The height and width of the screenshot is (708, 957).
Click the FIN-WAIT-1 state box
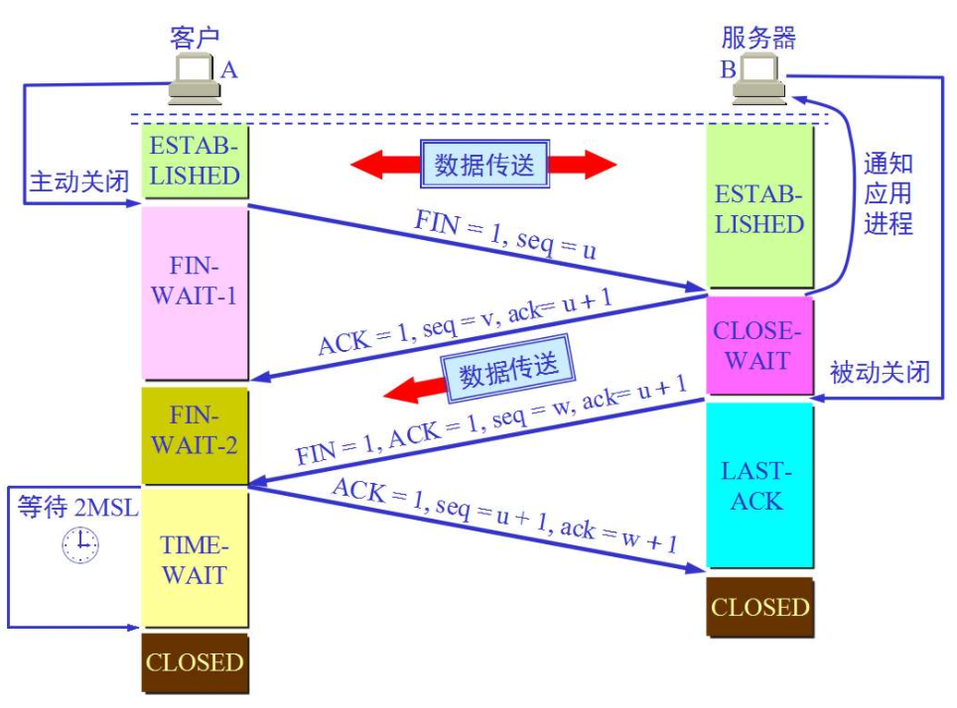tap(195, 293)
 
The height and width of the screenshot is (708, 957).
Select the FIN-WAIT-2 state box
tap(195, 433)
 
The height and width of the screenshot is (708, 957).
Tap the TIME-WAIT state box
tap(195, 557)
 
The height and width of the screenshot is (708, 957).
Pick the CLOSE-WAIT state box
tap(756, 345)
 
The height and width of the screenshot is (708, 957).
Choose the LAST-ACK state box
tap(756, 486)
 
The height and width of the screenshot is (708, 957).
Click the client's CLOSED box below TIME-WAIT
tap(195, 662)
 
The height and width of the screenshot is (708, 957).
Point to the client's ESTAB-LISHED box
tap(195, 162)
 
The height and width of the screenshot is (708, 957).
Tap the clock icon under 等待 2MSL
tap(80, 544)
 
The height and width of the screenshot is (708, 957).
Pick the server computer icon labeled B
tap(758, 79)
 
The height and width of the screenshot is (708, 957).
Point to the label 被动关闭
tap(880, 373)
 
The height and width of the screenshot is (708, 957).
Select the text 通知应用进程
tap(887, 193)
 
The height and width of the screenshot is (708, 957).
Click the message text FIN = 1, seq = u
tap(505, 234)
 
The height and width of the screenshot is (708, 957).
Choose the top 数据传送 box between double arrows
tap(484, 165)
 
